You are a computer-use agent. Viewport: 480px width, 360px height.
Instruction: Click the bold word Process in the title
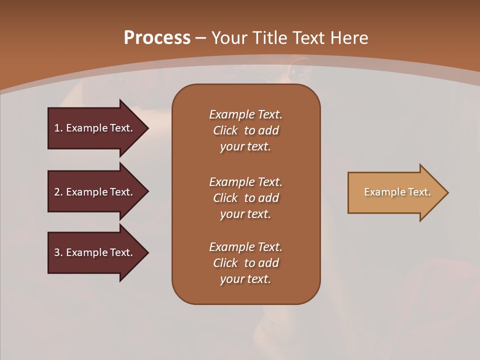(157, 38)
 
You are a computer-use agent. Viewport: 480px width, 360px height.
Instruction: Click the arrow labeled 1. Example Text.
(95, 128)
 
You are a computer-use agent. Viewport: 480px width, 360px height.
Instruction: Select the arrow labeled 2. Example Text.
(95, 192)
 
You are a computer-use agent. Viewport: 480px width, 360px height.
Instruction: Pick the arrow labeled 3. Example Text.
(95, 252)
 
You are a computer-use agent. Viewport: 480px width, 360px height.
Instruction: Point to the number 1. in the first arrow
(58, 128)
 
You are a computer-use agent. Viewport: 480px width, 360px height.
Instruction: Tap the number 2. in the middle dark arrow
(58, 192)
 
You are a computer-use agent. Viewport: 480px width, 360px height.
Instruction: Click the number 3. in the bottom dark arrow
(58, 252)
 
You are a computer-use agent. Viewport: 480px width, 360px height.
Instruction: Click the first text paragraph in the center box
(245, 130)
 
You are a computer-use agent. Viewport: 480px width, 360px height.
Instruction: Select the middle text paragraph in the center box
(245, 198)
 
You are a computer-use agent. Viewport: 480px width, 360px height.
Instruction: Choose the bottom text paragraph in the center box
(245, 263)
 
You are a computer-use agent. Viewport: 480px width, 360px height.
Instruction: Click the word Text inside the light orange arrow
(419, 192)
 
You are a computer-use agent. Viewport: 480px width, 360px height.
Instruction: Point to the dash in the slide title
(200, 38)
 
